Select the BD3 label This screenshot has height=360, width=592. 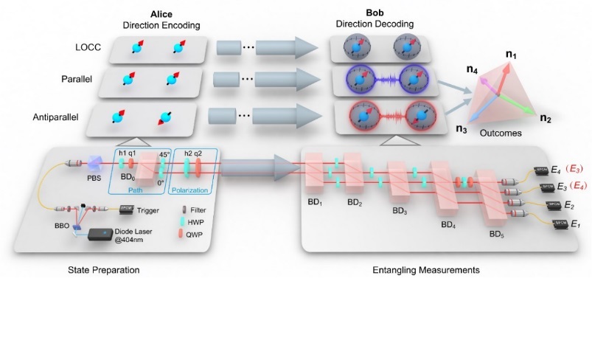pos(400,210)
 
